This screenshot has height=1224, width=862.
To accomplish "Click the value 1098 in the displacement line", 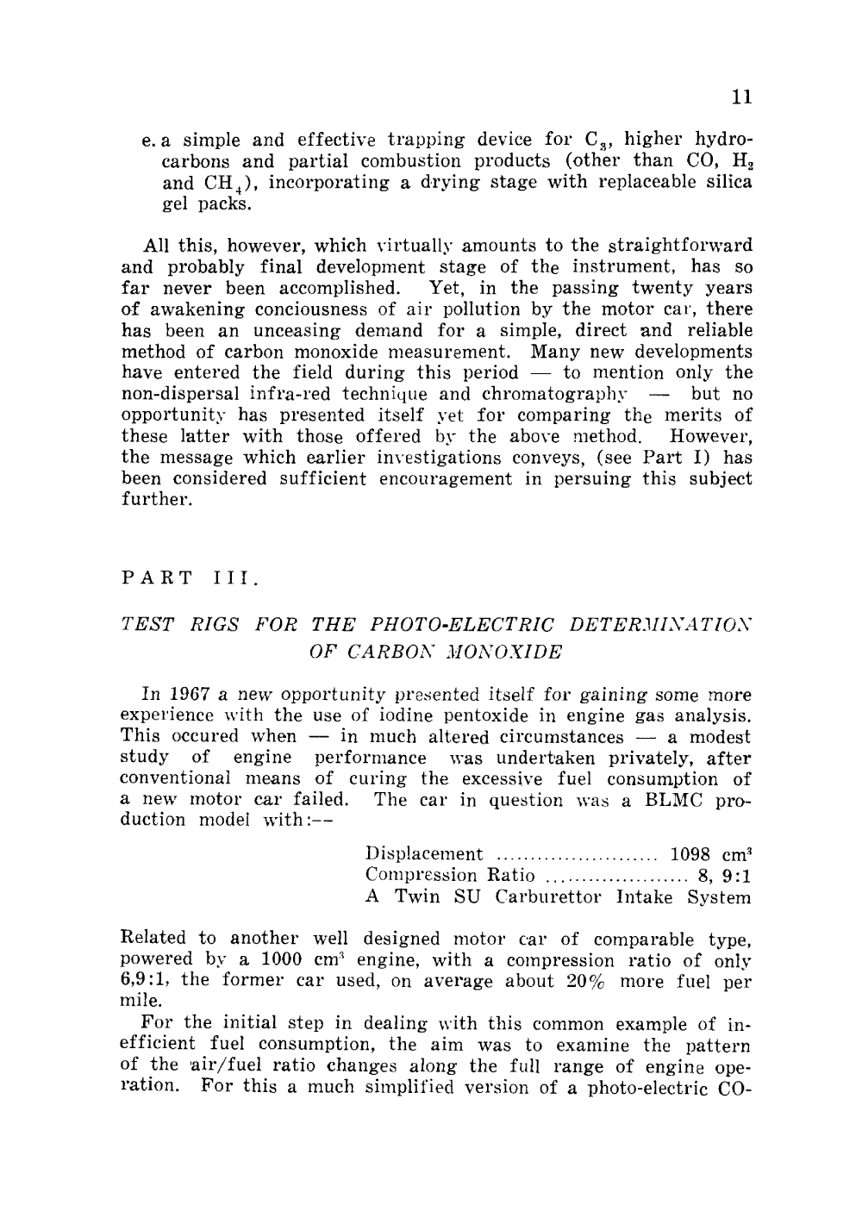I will tap(690, 854).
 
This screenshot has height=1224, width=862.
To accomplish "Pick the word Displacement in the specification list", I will tap(424, 854).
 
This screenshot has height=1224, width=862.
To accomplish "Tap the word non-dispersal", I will tap(179, 395).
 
